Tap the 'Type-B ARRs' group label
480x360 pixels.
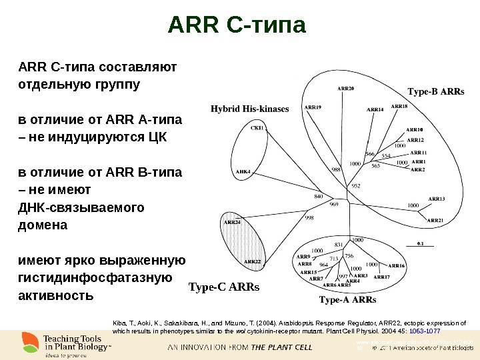tap(435, 92)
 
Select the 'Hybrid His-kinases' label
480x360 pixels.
tap(250, 109)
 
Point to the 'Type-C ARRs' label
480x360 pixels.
tap(223, 287)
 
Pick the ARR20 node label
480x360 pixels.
tap(345, 88)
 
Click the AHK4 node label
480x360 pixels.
tap(243, 171)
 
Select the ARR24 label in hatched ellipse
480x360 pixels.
tap(232, 222)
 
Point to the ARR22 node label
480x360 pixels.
tap(252, 262)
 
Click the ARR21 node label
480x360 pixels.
tap(435, 220)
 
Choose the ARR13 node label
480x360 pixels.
tap(436, 198)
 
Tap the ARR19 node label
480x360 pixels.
tap(313, 107)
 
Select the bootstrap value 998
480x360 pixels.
tap(309, 217)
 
